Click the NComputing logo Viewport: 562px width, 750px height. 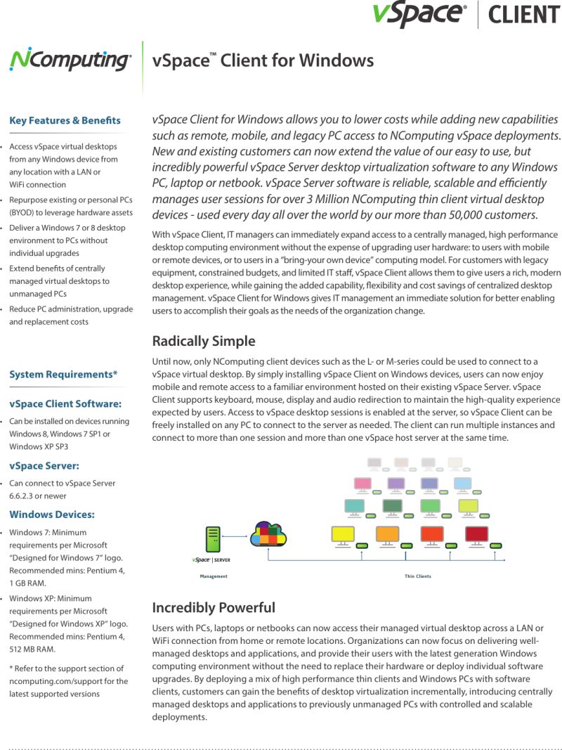pos(70,60)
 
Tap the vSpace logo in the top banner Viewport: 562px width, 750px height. pos(419,14)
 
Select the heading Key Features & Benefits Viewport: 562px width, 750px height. pos(65,121)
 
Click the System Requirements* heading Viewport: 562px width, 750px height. pos(63,375)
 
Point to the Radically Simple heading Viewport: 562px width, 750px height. pos(204,342)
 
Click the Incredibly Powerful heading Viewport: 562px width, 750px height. pos(214,607)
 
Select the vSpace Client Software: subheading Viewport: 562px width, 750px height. pos(65,403)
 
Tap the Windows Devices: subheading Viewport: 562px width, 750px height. pos(52,515)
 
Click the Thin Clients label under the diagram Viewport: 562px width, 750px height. pos(418,576)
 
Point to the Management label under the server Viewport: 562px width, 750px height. pos(214,576)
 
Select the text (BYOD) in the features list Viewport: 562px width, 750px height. pos(22,212)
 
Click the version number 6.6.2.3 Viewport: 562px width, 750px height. pos(22,496)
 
